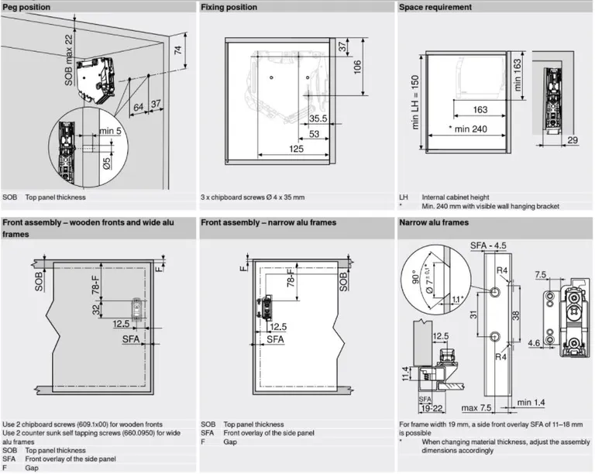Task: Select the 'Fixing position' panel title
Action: (x=229, y=7)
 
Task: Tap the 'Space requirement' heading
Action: (x=435, y=7)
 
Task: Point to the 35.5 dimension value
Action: (x=318, y=118)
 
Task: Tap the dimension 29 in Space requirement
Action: (x=572, y=139)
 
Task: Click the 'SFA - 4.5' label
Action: (x=489, y=246)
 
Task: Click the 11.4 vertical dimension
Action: (x=404, y=376)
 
